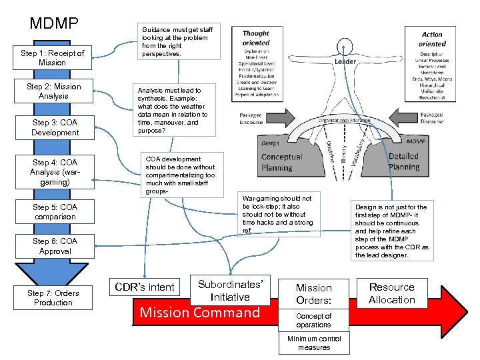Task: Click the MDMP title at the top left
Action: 54,24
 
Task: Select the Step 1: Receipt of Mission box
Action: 53,58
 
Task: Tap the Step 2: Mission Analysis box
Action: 53,91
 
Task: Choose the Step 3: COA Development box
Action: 55,128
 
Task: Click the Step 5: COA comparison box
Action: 55,212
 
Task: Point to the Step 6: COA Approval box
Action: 55,246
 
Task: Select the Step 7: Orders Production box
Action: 53,298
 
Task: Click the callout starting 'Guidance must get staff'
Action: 177,41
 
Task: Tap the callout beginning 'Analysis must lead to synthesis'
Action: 173,111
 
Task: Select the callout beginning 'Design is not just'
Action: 391,231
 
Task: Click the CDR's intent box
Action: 145,287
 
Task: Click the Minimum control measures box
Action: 313,343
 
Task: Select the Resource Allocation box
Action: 392,293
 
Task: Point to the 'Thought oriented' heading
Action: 256,38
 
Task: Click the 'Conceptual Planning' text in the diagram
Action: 281,162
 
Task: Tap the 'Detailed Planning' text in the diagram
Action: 403,162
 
